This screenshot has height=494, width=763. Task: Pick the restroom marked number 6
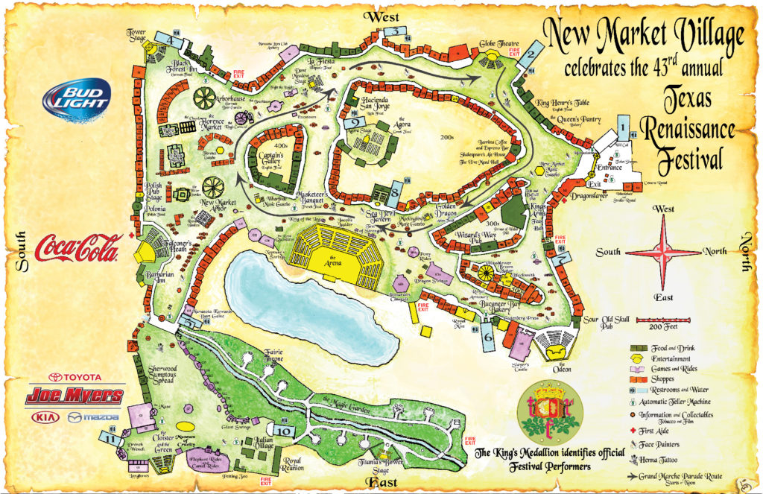[x=488, y=336]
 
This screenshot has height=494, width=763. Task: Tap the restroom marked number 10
[x=284, y=429]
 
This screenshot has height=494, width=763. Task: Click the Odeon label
[x=560, y=368]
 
